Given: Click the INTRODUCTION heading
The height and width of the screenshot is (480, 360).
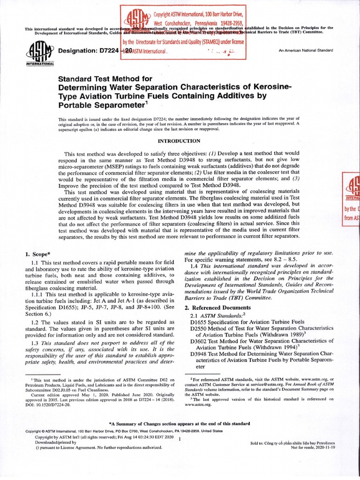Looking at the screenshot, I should [180, 141].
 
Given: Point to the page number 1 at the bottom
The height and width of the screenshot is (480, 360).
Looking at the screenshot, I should [180, 438].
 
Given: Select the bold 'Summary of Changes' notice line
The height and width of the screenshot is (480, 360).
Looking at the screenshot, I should [180, 422].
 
